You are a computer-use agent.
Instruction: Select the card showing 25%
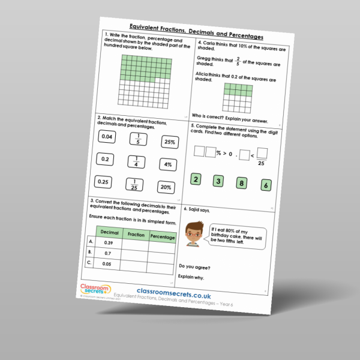click(x=170, y=143)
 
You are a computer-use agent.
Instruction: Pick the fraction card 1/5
click(x=138, y=140)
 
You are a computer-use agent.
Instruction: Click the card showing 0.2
click(x=105, y=160)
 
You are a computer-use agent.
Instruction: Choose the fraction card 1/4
click(x=136, y=162)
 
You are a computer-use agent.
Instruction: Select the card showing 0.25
click(x=103, y=182)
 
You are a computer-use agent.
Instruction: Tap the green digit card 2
click(x=196, y=179)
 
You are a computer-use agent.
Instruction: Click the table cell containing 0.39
click(x=108, y=243)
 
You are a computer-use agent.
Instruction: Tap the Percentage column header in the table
click(x=162, y=238)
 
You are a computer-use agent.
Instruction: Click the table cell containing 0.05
click(x=107, y=263)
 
